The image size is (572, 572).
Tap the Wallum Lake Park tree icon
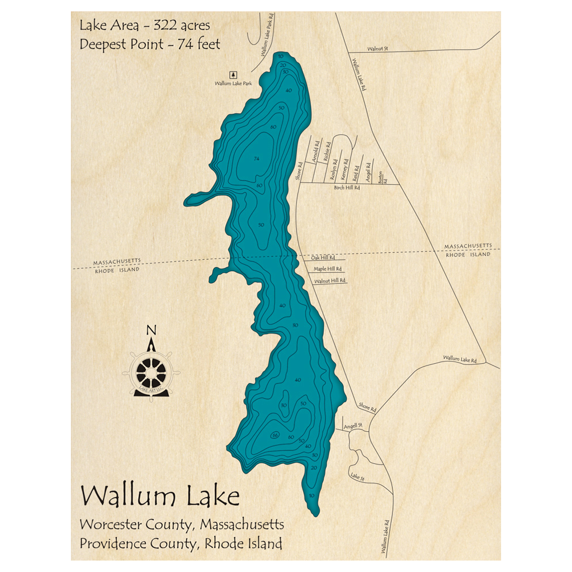coord(233,74)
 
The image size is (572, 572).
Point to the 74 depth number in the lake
coord(256,158)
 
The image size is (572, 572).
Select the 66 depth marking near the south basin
coord(276,435)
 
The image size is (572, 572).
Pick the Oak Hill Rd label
coord(323,258)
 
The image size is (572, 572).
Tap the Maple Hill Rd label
coord(327,269)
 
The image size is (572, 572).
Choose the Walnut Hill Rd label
coord(330,281)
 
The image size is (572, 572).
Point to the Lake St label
coord(357,476)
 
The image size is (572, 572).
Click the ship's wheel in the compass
coord(152,374)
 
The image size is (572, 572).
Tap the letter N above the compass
coord(152,330)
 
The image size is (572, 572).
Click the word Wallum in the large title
coord(130,496)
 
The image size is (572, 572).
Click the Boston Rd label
coord(381,177)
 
